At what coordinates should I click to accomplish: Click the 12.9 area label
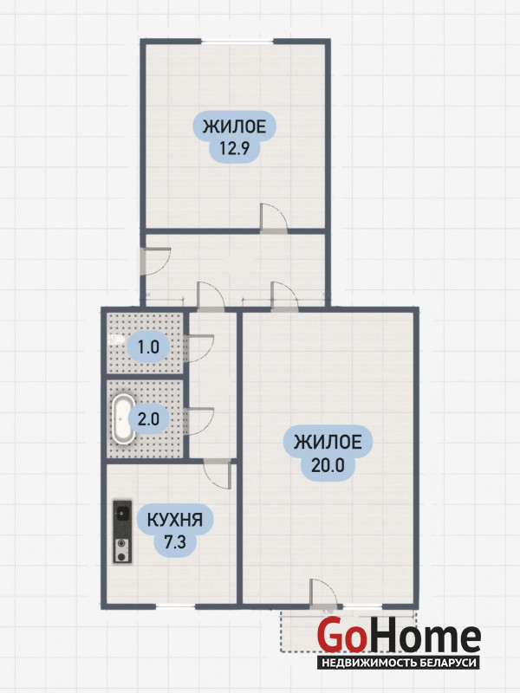(235, 148)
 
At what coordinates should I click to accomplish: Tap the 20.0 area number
(328, 464)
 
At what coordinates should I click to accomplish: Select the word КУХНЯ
(175, 520)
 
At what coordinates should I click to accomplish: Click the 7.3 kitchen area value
(175, 541)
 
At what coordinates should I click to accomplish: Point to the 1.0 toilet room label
(148, 347)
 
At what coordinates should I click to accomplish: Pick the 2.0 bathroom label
(148, 418)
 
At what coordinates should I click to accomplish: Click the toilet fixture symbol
(116, 340)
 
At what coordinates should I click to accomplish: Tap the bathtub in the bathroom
(123, 418)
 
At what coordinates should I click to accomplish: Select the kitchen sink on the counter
(122, 514)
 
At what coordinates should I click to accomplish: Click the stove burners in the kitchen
(122, 551)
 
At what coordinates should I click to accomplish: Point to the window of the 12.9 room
(237, 42)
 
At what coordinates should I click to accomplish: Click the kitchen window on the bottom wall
(175, 606)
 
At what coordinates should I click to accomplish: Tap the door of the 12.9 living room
(274, 218)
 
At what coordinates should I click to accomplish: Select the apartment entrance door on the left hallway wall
(154, 262)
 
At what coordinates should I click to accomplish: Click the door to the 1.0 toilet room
(198, 349)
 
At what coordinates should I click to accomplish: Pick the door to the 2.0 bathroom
(198, 421)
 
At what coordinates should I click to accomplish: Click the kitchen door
(218, 473)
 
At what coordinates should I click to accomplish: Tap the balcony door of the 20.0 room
(324, 593)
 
